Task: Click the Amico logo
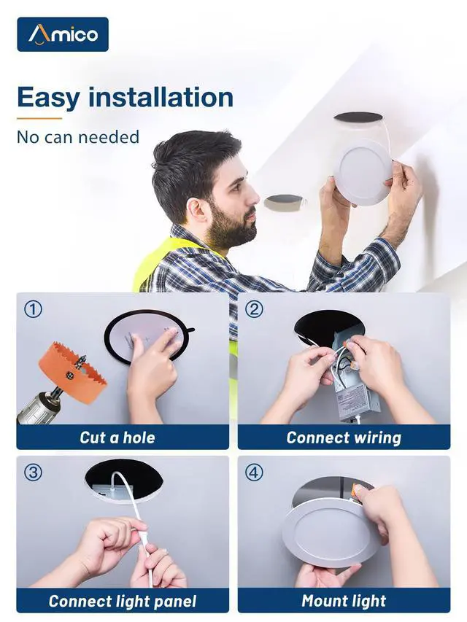pyautogui.click(x=63, y=34)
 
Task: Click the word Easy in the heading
pyautogui.click(x=48, y=98)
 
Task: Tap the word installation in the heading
pyautogui.click(x=161, y=97)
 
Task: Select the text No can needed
pyautogui.click(x=78, y=137)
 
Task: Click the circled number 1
pyautogui.click(x=33, y=309)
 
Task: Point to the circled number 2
pyautogui.click(x=254, y=309)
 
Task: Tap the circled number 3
pyautogui.click(x=33, y=473)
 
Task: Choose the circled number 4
pyautogui.click(x=254, y=473)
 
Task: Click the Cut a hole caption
pyautogui.click(x=117, y=438)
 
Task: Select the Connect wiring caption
pyautogui.click(x=344, y=438)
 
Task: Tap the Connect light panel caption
pyautogui.click(x=123, y=601)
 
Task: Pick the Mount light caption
pyautogui.click(x=344, y=601)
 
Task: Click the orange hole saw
pyautogui.click(x=73, y=372)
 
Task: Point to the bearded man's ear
pyautogui.click(x=197, y=209)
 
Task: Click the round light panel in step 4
pyautogui.click(x=331, y=532)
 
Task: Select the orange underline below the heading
pyautogui.click(x=39, y=118)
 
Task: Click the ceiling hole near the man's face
pyautogui.click(x=285, y=202)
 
